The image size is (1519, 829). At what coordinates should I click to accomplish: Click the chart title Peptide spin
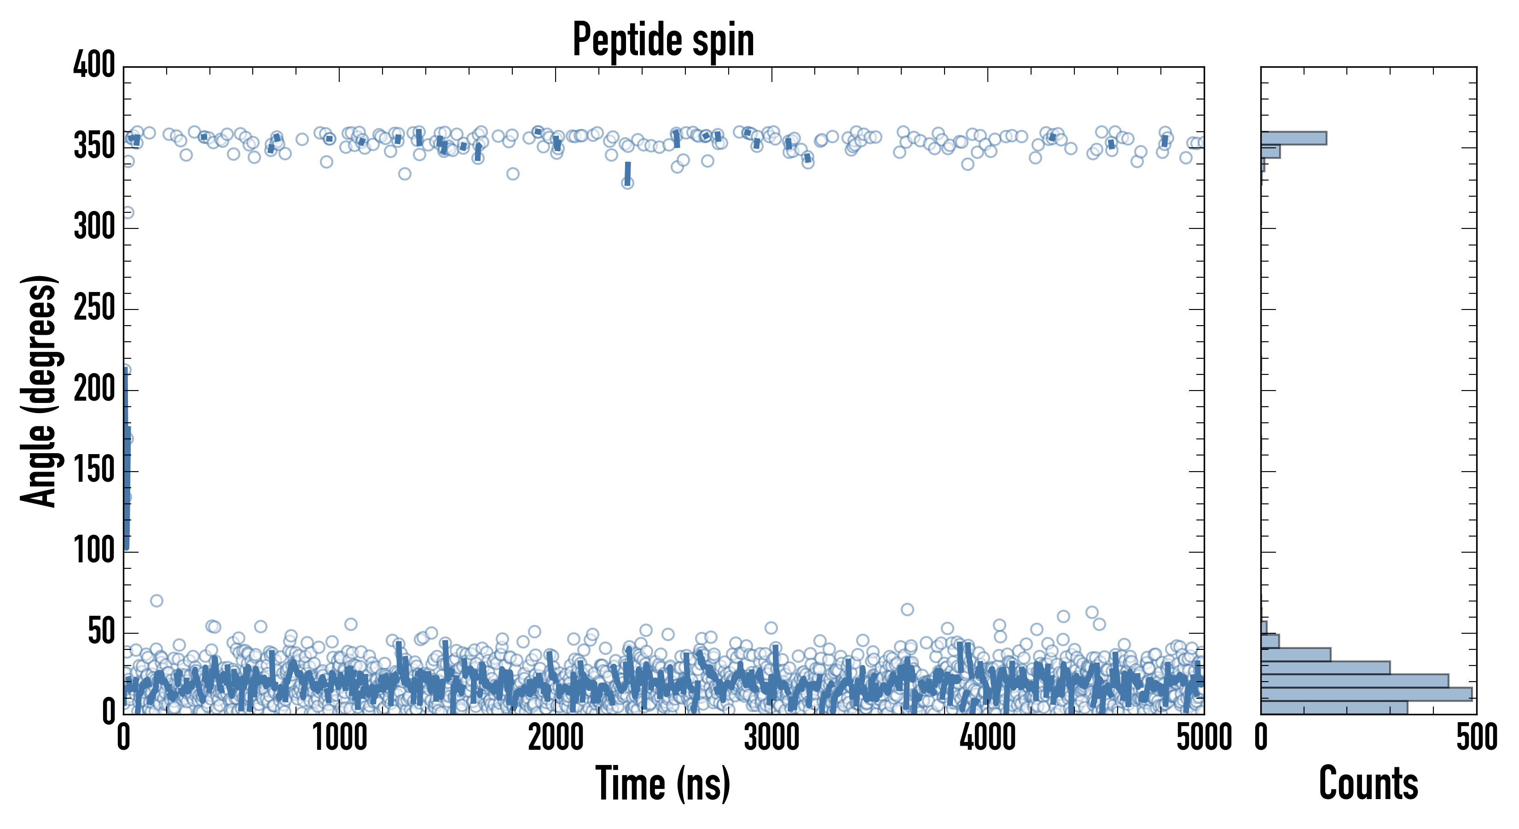[663, 40]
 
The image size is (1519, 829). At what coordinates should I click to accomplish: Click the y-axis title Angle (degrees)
[38, 390]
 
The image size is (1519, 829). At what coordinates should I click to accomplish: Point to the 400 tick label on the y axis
[94, 65]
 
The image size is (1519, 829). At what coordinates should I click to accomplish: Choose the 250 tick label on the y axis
[94, 309]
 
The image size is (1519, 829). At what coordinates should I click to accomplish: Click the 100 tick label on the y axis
[94, 552]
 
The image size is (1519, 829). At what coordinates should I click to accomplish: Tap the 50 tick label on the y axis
[101, 632]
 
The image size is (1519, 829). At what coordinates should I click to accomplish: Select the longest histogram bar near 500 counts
[1366, 694]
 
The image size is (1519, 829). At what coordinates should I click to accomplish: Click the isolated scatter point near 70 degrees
[156, 601]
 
